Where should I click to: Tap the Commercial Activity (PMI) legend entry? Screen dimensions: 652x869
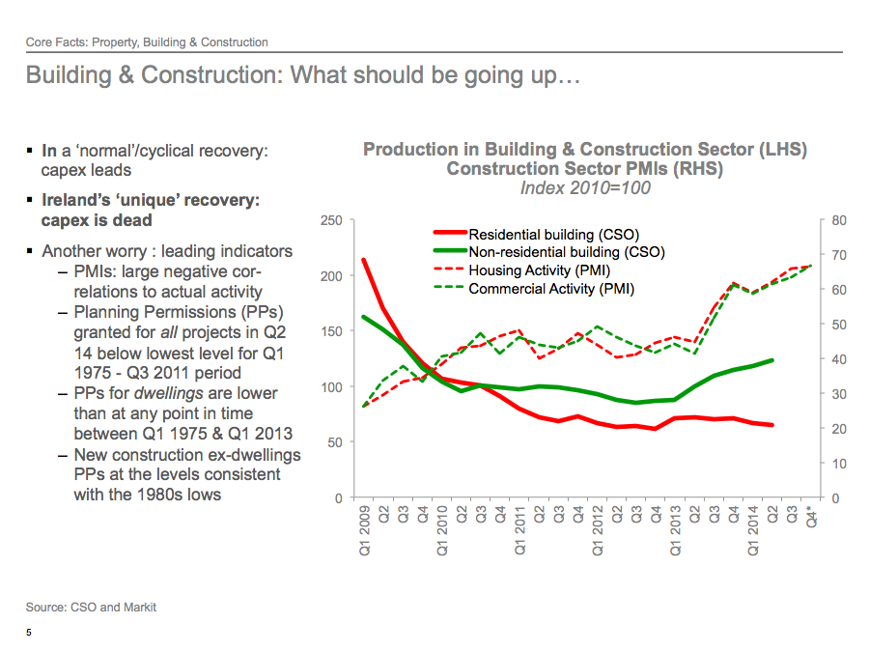click(551, 288)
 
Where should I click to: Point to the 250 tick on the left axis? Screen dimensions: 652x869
click(331, 221)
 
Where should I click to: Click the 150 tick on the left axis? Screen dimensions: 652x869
click(331, 332)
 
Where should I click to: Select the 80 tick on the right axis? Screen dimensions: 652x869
click(839, 221)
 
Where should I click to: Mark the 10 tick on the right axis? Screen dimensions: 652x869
click(839, 464)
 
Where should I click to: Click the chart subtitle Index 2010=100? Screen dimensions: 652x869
click(585, 188)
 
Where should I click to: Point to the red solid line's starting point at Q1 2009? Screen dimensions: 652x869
click(363, 260)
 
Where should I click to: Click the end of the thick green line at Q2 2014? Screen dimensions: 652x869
click(772, 360)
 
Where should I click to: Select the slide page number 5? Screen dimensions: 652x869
click(29, 634)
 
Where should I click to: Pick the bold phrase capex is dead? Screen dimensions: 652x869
click(97, 220)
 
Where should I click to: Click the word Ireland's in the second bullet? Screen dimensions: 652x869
click(77, 200)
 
